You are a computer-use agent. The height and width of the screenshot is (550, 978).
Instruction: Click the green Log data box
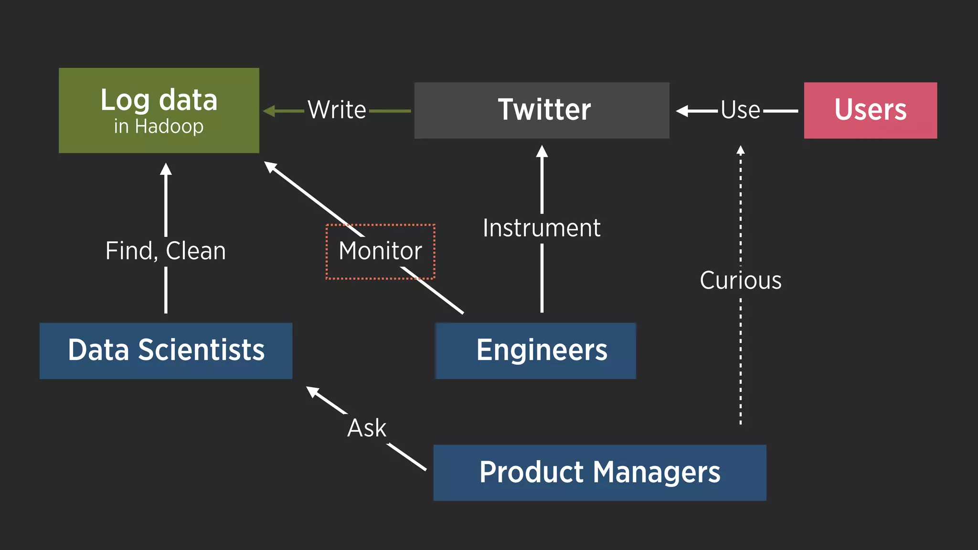pos(159,110)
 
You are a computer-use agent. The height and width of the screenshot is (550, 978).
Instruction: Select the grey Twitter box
pos(542,110)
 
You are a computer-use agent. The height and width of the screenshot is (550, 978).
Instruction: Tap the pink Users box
pos(870,110)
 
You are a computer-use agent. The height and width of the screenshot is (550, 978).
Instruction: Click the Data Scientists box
pos(166,350)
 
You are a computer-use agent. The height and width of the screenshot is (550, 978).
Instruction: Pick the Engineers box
pos(536,350)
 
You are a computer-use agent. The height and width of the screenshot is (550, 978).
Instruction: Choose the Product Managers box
pos(599,473)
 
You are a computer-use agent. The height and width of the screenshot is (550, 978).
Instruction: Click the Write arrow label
pos(337,110)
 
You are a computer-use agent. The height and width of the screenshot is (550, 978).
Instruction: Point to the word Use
pos(740,110)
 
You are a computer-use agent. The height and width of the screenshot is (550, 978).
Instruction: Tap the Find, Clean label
pos(166,251)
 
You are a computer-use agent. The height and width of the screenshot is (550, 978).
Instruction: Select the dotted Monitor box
pos(381,251)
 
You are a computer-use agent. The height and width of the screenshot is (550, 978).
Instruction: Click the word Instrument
pos(542,228)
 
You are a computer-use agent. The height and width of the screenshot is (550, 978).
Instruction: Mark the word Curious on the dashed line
pos(740,280)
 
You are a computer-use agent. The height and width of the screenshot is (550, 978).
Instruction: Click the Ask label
pos(367,428)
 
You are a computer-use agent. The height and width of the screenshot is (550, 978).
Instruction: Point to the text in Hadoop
pos(159,127)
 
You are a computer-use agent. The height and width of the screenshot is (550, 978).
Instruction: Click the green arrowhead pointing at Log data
pos(269,111)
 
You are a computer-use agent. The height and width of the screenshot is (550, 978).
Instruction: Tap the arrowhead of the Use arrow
pos(682,111)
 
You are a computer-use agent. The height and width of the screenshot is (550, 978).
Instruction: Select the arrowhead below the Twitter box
pos(542,151)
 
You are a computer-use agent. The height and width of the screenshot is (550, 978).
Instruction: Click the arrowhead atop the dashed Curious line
pos(740,150)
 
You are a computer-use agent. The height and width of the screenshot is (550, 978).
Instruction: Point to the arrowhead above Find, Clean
pos(166,169)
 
